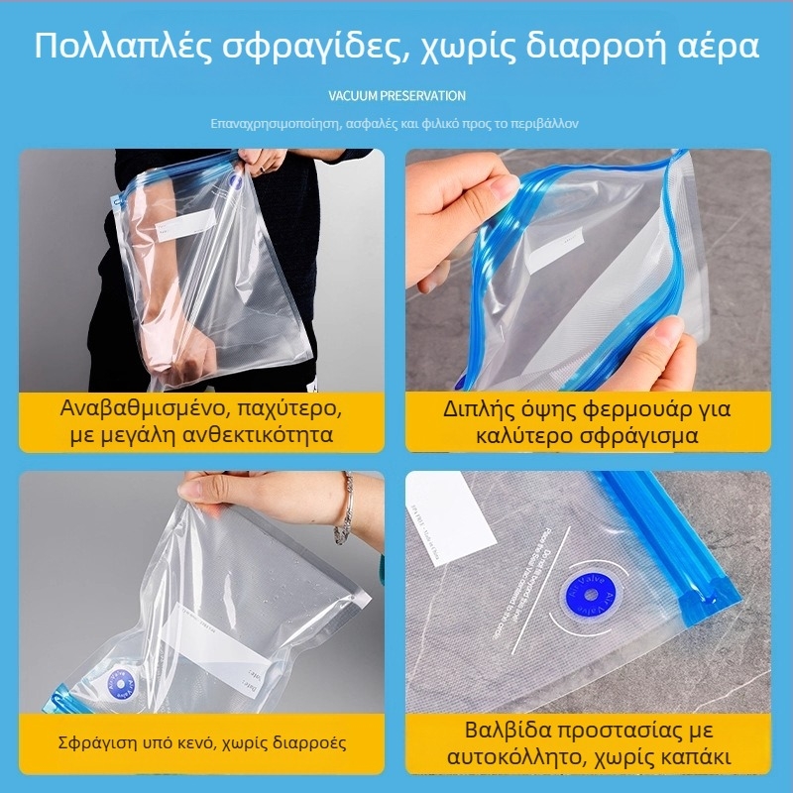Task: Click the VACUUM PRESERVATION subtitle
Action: tap(396, 96)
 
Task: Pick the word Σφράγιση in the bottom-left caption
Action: tap(91, 742)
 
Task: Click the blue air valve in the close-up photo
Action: tap(590, 596)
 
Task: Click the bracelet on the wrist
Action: tap(344, 509)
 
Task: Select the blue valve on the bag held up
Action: tap(236, 181)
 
